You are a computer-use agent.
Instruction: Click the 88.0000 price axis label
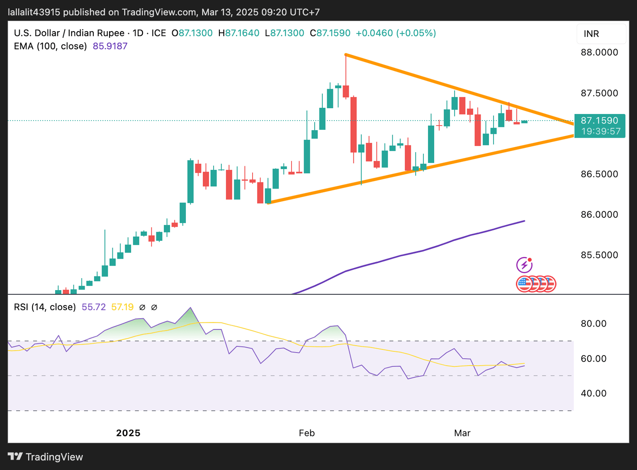point(599,52)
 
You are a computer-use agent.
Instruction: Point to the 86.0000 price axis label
point(599,214)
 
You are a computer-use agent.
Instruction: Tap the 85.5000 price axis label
point(599,255)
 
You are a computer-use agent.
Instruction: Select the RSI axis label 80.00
point(593,323)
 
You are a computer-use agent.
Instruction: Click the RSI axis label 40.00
point(593,393)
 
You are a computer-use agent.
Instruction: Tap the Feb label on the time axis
point(306,433)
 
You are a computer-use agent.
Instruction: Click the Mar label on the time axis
point(462,433)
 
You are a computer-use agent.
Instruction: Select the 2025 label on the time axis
point(128,433)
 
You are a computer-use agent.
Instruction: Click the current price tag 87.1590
point(599,121)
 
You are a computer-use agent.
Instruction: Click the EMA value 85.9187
point(110,46)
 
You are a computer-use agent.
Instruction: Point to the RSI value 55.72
point(94,307)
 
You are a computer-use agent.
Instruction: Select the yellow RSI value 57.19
point(122,307)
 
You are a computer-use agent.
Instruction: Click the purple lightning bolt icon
point(524,265)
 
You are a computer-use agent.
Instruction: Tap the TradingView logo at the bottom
point(46,457)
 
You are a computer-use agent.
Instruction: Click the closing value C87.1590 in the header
point(330,33)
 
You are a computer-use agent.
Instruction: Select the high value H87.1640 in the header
point(239,33)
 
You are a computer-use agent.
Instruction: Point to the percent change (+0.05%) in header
point(416,33)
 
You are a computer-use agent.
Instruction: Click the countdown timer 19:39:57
point(601,131)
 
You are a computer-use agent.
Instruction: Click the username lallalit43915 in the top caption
point(34,12)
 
